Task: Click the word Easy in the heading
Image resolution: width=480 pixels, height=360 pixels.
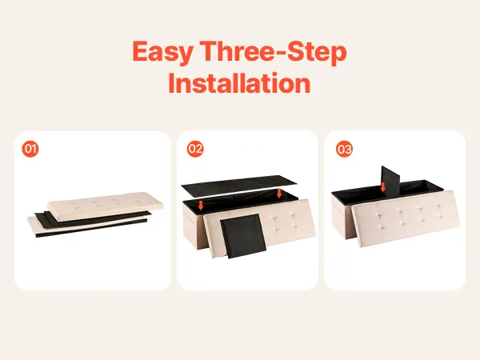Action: tap(163, 52)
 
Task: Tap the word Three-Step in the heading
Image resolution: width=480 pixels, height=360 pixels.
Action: tap(274, 51)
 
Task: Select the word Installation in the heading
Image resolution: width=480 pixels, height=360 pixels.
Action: tap(240, 83)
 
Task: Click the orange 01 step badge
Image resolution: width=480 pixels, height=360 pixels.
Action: tap(30, 149)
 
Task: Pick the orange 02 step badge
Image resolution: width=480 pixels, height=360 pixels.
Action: tap(195, 149)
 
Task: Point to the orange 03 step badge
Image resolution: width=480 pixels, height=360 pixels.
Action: tap(344, 149)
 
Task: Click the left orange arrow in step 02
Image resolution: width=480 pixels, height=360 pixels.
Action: tap(201, 205)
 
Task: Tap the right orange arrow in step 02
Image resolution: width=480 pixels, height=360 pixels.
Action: tap(279, 193)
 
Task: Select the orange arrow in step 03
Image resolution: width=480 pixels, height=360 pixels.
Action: tap(382, 186)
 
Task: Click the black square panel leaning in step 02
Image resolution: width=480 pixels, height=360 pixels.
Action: tap(243, 236)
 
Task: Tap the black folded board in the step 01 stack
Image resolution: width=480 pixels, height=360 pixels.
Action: tap(92, 221)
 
